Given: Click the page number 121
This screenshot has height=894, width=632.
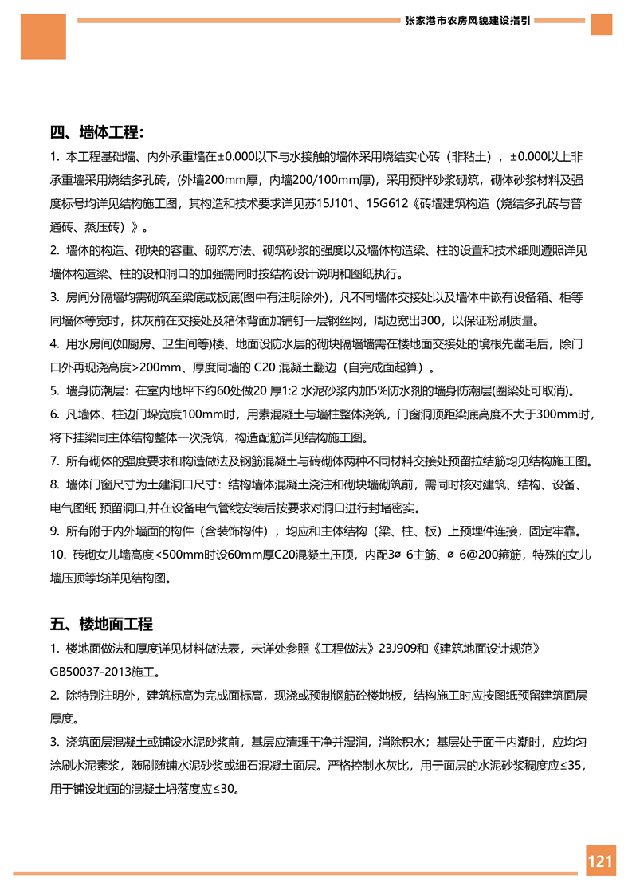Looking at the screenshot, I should pos(600,861).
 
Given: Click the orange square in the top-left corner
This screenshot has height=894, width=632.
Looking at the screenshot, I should pos(43,35).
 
